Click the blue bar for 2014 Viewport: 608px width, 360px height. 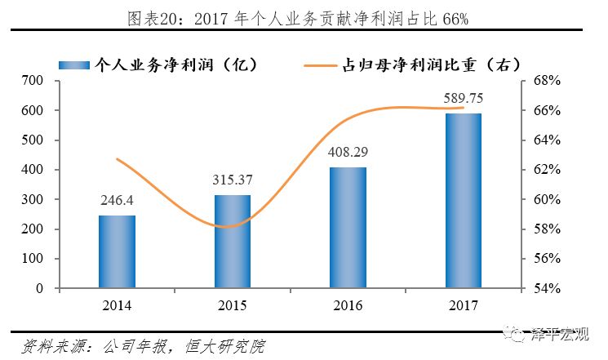(117, 251)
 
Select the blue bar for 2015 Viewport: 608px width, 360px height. (233, 242)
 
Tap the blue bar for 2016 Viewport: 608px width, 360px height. (348, 228)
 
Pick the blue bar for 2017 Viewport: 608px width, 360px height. (464, 201)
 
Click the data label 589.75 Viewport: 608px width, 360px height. (464, 99)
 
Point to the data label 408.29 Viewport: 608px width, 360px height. (348, 152)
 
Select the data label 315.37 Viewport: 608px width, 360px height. (233, 180)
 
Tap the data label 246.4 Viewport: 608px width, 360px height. (117, 200)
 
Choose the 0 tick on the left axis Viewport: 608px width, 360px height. (39, 289)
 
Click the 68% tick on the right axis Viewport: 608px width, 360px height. (547, 81)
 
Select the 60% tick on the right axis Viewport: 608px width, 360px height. (547, 199)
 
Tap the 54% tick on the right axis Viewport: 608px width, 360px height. (547, 289)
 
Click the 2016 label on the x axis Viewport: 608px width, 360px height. (348, 305)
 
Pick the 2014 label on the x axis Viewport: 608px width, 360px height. (117, 305)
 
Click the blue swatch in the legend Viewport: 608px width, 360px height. (74, 65)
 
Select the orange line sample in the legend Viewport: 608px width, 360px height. (320, 65)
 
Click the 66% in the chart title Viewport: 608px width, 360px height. (455, 19)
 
